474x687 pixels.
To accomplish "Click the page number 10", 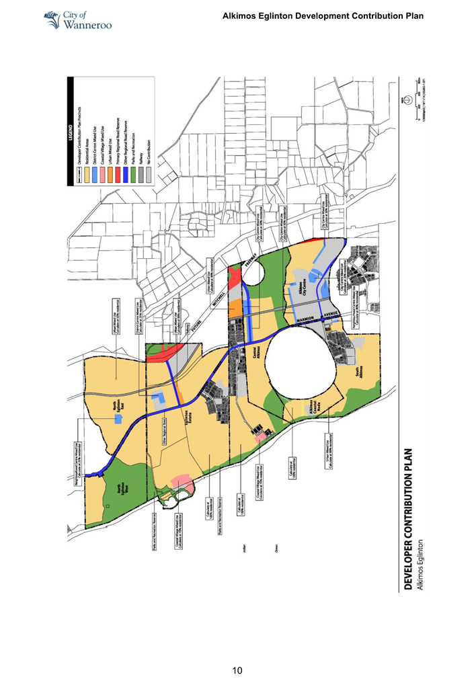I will [x=237, y=670].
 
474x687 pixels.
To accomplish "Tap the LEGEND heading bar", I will [x=71, y=132].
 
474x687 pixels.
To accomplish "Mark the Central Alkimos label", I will [x=251, y=352].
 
